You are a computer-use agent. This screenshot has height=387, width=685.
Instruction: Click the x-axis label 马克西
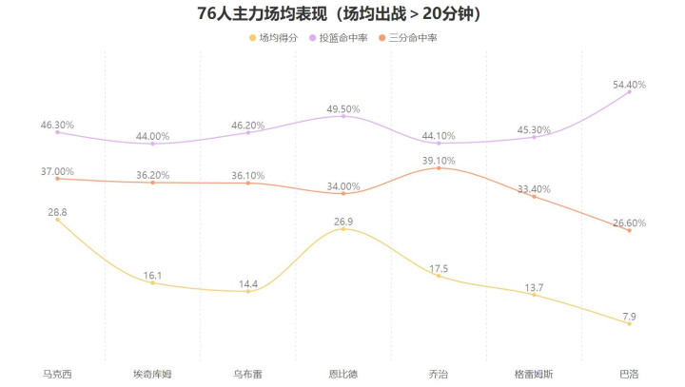[57, 374]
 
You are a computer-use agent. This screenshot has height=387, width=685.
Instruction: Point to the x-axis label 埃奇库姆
[152, 374]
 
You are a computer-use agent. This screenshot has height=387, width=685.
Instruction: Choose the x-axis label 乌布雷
[248, 374]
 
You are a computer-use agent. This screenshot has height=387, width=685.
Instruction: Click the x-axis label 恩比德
[343, 374]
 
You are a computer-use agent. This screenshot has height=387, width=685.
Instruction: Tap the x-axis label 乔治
[439, 374]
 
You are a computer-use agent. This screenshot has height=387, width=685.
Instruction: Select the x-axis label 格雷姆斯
[534, 374]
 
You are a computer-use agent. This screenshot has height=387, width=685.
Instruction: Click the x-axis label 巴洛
[629, 374]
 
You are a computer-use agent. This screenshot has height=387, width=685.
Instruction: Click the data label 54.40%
[629, 85]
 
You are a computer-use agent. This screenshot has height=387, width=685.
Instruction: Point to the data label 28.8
[57, 212]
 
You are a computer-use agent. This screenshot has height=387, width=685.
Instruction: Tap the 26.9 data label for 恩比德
[343, 222]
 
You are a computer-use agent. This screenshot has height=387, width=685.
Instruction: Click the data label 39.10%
[439, 161]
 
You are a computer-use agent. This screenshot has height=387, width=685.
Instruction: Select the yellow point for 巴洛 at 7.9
[629, 323]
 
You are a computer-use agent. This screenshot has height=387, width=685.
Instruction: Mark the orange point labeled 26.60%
[629, 230]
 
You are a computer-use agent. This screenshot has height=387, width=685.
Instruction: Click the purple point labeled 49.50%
[343, 115]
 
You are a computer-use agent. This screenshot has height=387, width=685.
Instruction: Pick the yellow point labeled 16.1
[152, 282]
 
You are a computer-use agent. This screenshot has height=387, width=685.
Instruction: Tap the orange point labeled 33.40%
[534, 196]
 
